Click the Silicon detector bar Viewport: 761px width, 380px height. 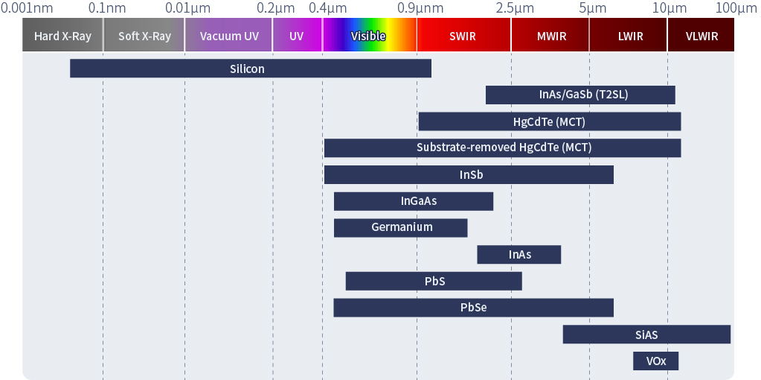[251, 69]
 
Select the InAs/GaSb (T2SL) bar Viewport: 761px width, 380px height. [580, 95]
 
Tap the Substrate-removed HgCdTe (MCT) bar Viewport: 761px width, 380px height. [502, 148]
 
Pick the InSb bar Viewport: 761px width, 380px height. [469, 174]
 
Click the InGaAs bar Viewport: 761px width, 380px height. [414, 201]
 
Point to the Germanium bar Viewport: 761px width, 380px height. [400, 228]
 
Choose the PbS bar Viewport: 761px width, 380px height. [434, 281]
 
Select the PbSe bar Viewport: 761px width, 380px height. [473, 308]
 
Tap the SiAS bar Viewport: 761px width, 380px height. [646, 335]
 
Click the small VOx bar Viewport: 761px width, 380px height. [655, 361]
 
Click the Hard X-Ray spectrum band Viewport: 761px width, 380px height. [62, 35]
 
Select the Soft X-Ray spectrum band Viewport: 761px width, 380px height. [144, 35]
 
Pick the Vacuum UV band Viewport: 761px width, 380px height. [228, 35]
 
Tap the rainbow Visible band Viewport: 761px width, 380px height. [369, 35]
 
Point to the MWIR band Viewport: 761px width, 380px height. [550, 35]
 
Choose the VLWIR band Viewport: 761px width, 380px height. [701, 35]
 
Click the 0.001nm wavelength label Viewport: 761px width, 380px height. [27, 7]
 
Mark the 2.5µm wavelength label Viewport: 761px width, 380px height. [515, 7]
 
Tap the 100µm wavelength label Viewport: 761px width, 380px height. [736, 7]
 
